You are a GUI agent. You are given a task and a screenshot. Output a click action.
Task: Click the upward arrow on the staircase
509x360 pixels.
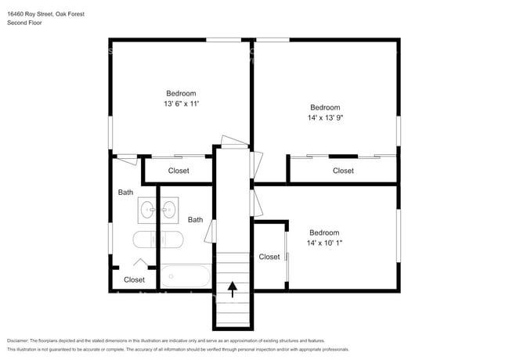[x=232, y=290]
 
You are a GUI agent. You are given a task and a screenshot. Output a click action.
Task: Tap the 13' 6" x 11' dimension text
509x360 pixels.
[x=181, y=104]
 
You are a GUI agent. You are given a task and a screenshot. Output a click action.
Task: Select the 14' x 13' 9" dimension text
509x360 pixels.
[x=325, y=117]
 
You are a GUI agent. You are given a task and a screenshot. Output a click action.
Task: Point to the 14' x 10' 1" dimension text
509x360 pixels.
[x=325, y=243]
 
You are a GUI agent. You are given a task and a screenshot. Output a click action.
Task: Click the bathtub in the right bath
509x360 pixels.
[x=186, y=276]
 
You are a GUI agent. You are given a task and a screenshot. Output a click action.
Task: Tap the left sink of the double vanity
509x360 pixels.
[x=147, y=210]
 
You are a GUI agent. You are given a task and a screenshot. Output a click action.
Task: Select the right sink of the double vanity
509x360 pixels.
[x=169, y=210]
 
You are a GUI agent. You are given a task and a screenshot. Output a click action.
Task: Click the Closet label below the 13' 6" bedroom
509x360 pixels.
[x=179, y=171]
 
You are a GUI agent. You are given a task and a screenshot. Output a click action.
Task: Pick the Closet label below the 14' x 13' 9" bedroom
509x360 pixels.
[x=343, y=171]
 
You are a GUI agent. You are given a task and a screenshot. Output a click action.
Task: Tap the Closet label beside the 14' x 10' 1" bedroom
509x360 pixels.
[x=269, y=257]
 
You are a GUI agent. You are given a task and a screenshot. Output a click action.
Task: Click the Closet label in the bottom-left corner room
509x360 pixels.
[x=134, y=279]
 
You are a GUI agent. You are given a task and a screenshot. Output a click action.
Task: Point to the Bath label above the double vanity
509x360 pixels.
[x=125, y=193]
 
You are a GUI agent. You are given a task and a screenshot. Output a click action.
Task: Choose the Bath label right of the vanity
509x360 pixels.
[x=196, y=220]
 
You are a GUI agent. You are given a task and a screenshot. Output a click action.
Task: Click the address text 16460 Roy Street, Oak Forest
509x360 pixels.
[x=45, y=14]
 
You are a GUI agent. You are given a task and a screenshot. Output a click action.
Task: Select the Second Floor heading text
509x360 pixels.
[x=24, y=23]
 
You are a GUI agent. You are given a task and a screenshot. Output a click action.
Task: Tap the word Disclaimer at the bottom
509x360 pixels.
[x=18, y=340]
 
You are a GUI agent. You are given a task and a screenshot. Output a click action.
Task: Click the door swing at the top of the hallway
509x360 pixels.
[x=234, y=142]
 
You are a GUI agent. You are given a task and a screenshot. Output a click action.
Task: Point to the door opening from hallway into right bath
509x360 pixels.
[x=211, y=231]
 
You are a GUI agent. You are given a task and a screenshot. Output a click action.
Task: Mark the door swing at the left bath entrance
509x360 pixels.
[x=127, y=159]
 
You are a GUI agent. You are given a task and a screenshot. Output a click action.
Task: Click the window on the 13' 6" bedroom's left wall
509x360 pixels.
[x=110, y=133]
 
